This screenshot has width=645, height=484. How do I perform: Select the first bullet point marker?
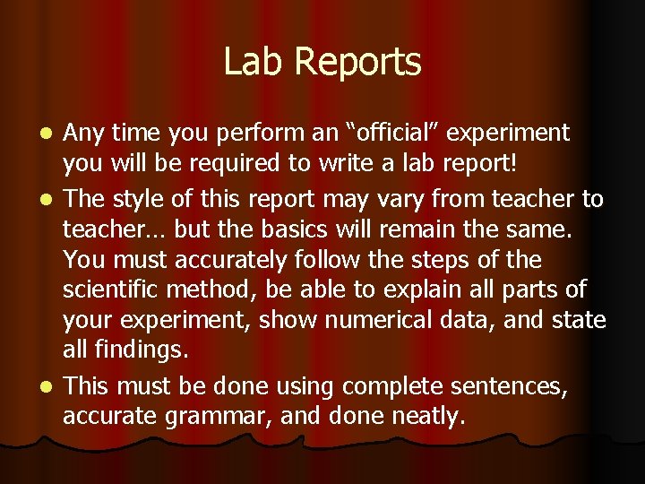point(51,134)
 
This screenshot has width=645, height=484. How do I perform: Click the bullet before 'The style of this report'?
point(51,197)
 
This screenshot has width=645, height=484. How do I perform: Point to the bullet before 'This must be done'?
point(51,386)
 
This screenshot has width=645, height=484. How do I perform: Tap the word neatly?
point(423,417)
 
